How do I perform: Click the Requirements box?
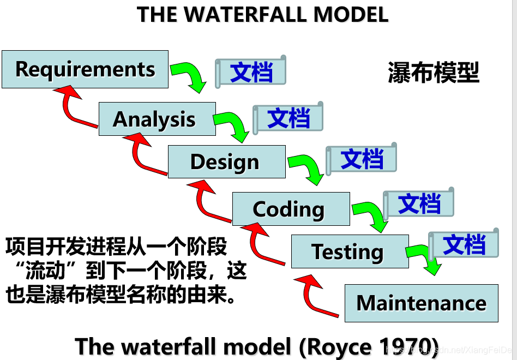(85, 69)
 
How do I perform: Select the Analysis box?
(157, 119)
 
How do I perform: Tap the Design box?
(226, 161)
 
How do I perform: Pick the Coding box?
(291, 209)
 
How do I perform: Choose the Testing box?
(350, 251)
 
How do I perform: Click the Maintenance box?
(421, 303)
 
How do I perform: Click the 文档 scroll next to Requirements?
(251, 71)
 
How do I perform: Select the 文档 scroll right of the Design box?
(361, 159)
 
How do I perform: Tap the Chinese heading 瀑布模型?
(434, 73)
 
